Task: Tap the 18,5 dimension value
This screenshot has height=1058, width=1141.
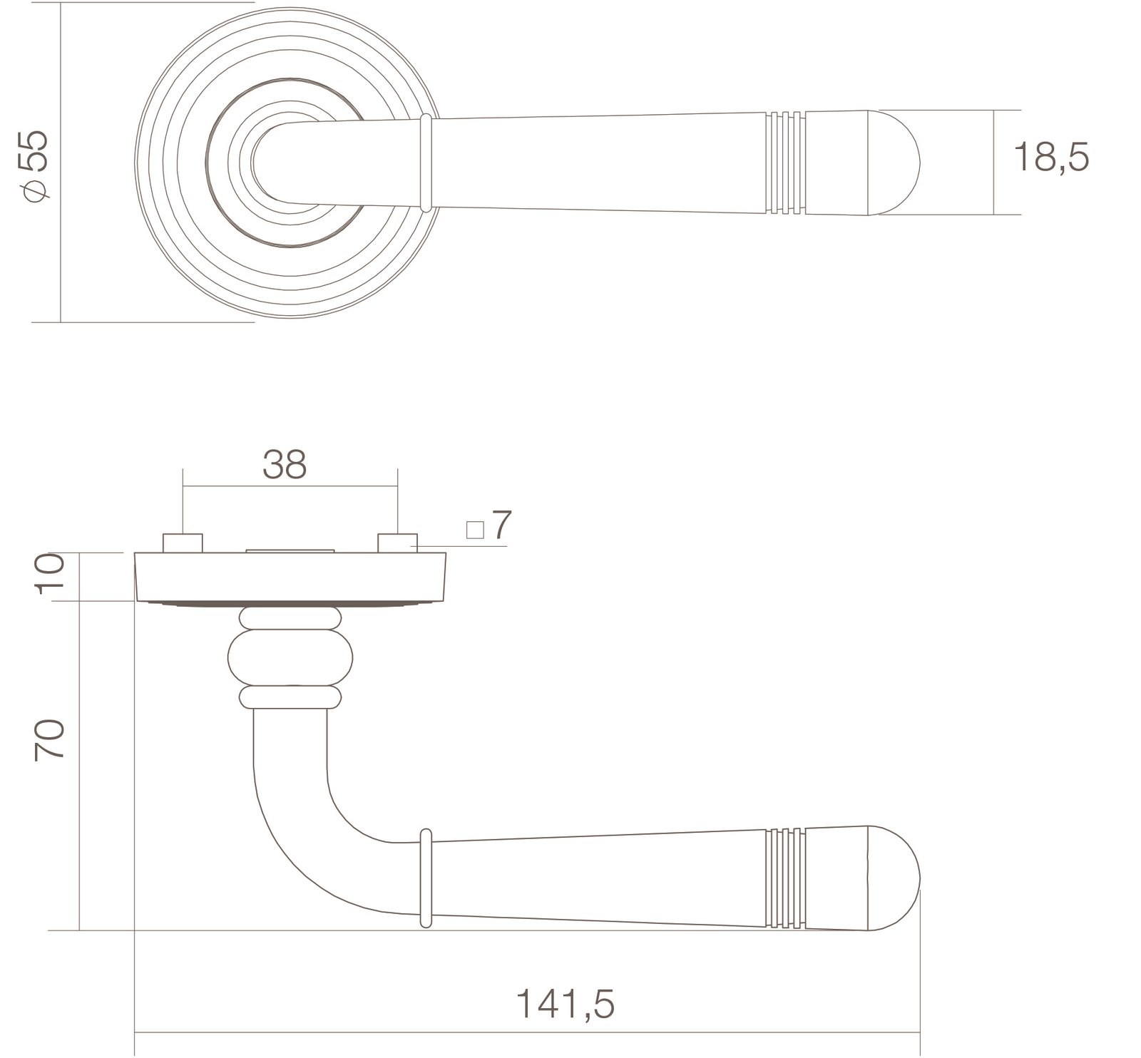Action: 1052,157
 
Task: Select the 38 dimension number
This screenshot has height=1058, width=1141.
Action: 285,464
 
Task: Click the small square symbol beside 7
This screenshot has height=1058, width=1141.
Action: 475,530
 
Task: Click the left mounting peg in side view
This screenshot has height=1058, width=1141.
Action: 183,543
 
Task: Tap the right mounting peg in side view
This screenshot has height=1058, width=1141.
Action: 397,543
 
